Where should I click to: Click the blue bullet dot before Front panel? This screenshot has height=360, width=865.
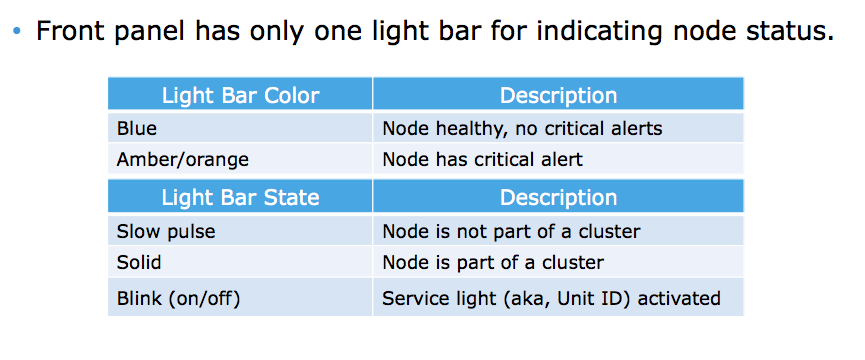click(16, 32)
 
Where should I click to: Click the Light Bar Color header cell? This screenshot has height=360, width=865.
click(240, 96)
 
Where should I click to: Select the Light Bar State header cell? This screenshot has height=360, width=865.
click(240, 197)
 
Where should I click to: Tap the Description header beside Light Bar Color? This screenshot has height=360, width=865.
click(558, 96)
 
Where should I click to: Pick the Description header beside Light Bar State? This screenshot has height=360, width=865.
click(558, 197)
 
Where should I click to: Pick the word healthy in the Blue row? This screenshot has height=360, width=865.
click(457, 128)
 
